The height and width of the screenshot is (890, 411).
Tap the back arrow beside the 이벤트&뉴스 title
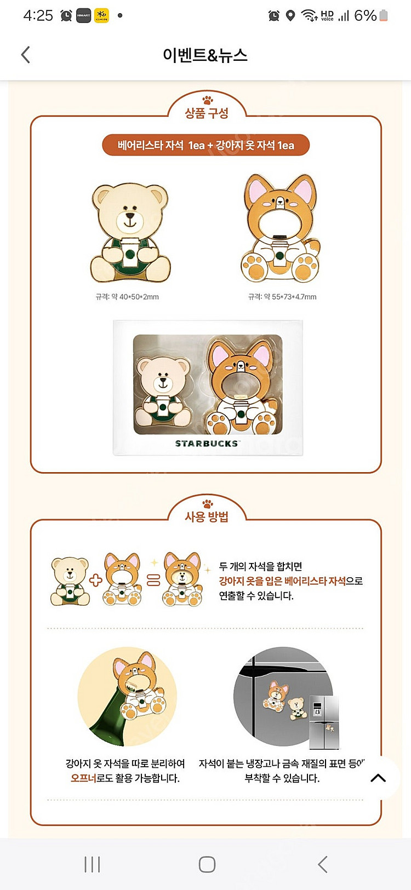[x=25, y=55]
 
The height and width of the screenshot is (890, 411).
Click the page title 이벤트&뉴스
[x=205, y=55]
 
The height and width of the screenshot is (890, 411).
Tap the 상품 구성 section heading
[x=207, y=113]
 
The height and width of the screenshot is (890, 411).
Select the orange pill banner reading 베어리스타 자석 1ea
[x=206, y=145]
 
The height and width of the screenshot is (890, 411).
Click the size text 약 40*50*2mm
[x=135, y=297]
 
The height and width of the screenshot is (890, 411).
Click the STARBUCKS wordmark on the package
[x=206, y=444]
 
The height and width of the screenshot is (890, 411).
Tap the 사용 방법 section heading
[x=207, y=517]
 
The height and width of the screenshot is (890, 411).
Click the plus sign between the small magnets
[x=95, y=580]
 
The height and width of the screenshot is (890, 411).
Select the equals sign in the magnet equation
[x=153, y=580]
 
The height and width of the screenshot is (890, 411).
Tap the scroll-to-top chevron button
[x=378, y=778]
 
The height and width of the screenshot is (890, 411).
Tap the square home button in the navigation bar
[x=207, y=864]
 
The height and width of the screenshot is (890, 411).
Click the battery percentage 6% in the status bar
[x=366, y=15]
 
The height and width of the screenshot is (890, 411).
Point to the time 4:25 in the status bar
[x=38, y=15]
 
